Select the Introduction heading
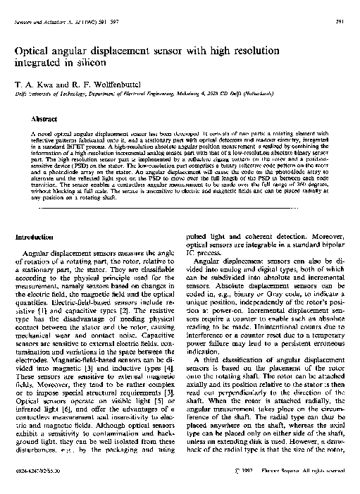35,237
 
